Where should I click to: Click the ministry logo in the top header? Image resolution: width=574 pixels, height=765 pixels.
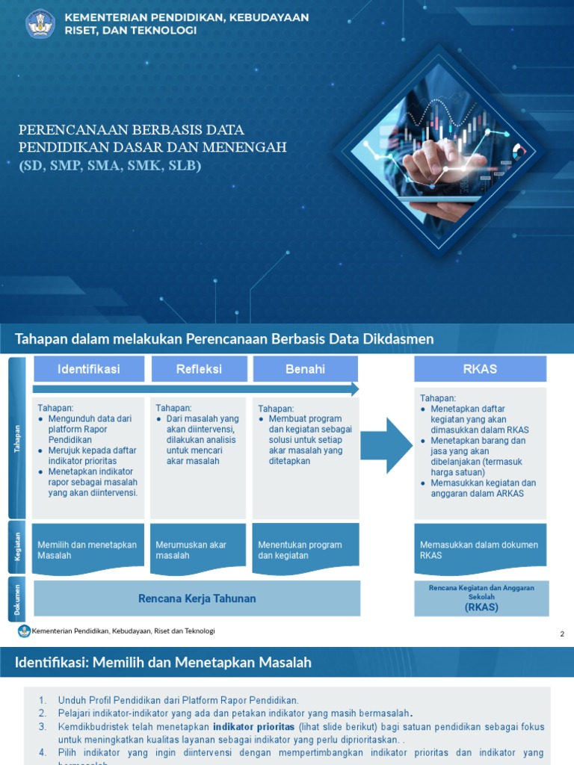40,24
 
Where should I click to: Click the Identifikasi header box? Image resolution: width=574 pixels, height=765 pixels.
88,369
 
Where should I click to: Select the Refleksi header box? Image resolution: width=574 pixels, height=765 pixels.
199,369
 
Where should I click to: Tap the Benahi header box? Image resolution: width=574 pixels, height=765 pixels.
305,369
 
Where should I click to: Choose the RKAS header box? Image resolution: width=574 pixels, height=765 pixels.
481,369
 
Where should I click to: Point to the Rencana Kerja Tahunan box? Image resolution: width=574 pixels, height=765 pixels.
197,598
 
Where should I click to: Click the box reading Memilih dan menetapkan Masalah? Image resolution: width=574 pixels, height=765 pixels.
88,549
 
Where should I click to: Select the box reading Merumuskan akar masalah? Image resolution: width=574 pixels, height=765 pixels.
198,549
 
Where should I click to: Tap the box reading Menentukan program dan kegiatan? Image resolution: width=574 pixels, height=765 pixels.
305,549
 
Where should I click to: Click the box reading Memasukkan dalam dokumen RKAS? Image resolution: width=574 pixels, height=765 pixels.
481,549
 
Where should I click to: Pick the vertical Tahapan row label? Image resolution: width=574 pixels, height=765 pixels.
17,439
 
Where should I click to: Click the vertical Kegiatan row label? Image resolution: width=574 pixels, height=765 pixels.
17,548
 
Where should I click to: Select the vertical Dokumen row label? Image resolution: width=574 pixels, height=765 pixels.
17,599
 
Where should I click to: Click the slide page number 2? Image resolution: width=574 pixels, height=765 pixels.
562,634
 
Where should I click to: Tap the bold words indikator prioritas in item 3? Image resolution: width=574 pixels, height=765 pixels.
253,726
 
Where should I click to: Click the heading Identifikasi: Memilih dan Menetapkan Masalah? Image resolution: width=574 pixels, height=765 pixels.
163,663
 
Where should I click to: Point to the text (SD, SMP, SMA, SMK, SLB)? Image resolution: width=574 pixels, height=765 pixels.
111,166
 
